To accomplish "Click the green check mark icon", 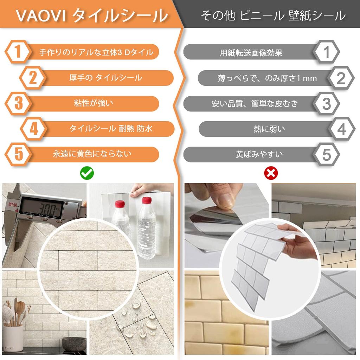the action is [87, 173].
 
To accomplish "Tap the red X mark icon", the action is [271, 173].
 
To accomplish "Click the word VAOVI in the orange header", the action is [41, 16].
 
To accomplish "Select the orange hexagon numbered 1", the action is [18, 52].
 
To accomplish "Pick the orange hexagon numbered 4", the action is [34, 129].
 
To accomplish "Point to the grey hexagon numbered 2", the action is [341, 78].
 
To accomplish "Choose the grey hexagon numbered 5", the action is [326, 154].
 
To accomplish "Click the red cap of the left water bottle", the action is [120, 204].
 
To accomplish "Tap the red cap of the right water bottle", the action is [147, 200].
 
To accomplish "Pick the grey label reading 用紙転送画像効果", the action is [251, 53].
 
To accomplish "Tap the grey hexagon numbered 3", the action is [326, 104].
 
